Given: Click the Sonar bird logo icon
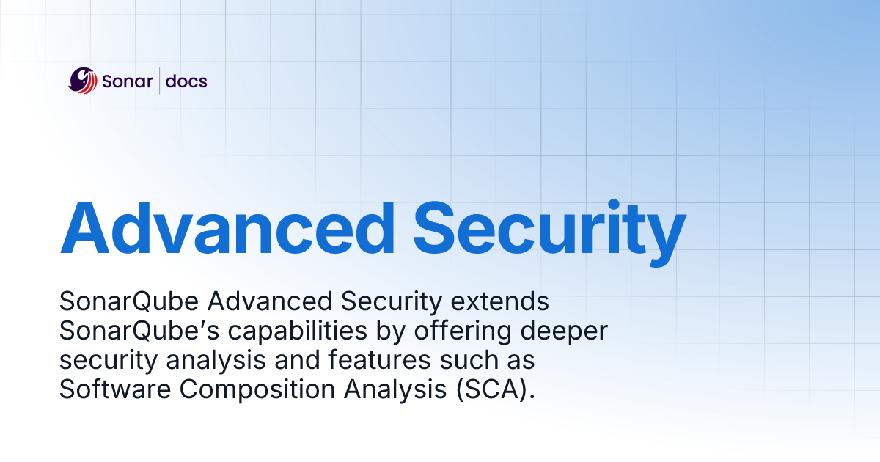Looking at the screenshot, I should click(x=83, y=81).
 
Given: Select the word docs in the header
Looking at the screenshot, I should click(x=186, y=81).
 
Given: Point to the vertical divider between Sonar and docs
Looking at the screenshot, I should click(x=161, y=81).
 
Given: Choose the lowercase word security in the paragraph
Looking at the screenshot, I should click(x=100, y=361).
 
